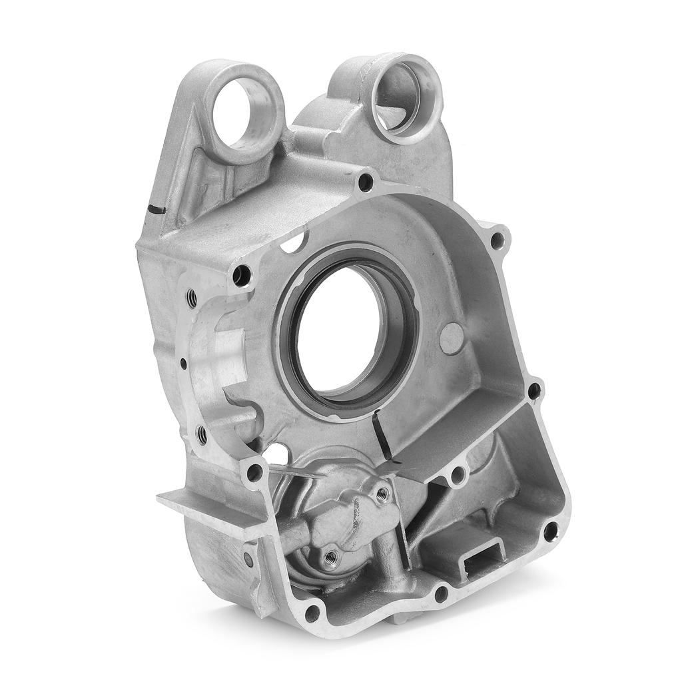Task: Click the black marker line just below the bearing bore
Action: tap(380, 434)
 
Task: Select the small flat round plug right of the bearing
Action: tap(451, 338)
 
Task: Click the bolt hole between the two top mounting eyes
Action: tap(365, 180)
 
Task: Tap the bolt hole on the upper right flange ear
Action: tap(496, 238)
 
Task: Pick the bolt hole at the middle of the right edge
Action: tap(534, 391)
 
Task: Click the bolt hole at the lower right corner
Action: tap(550, 531)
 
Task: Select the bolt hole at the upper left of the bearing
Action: tap(242, 274)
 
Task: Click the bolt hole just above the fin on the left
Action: tap(254, 473)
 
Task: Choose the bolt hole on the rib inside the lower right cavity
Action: tap(458, 476)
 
